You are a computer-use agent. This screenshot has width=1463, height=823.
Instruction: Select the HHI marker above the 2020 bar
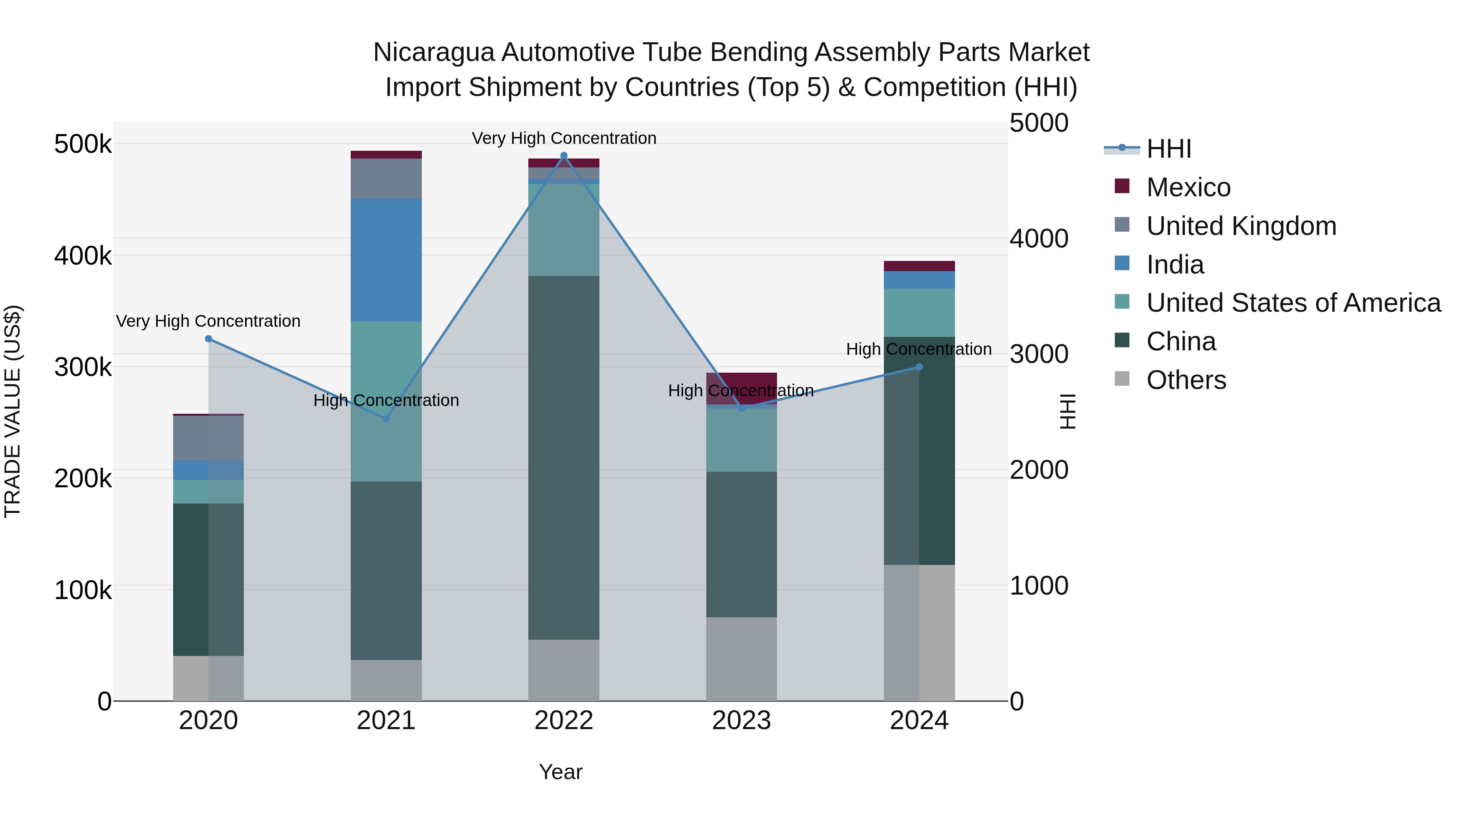pos(208,339)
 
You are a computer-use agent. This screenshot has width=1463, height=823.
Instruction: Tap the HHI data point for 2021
pos(386,419)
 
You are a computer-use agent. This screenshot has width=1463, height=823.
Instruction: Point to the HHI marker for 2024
pos(920,367)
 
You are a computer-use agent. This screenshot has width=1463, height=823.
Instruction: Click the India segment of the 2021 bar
pos(386,260)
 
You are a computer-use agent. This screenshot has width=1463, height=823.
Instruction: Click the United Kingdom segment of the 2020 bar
pos(208,438)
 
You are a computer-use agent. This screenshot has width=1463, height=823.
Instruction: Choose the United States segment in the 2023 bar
pos(741,440)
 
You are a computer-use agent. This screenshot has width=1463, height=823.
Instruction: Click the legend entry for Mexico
pos(1188,187)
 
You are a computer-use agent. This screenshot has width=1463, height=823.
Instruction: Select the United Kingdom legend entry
pos(1241,226)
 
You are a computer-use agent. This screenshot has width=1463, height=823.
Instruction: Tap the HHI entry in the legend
pos(1168,149)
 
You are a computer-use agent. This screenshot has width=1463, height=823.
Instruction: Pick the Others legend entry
pos(1186,380)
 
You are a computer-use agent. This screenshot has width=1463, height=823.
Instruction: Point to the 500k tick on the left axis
pos(83,144)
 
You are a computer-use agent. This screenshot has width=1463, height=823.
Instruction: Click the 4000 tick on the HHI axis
pos(1039,239)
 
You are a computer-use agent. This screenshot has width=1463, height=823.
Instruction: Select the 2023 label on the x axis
pos(741,721)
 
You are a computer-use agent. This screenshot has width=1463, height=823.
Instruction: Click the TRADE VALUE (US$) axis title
pos(13,411)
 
